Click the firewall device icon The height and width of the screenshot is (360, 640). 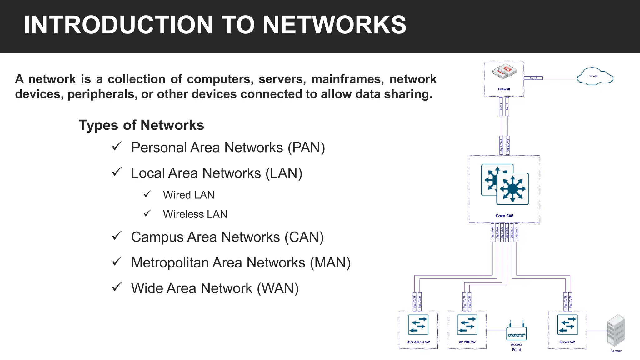[503, 72]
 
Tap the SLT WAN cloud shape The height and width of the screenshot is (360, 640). [595, 77]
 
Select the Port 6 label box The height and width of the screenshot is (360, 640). [533, 78]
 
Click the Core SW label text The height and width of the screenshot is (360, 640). [504, 216]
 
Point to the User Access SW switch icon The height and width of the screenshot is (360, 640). [418, 325]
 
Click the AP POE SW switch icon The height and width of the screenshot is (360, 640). [467, 325]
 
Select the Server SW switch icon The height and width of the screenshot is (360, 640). [567, 325]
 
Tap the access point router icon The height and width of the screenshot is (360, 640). [516, 331]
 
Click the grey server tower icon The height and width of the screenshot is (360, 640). [616, 331]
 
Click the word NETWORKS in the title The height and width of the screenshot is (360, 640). [334, 25]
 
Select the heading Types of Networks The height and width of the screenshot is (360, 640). [141, 125]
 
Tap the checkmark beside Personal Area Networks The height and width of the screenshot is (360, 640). [117, 146]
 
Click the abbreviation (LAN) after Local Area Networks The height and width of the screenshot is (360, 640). [284, 173]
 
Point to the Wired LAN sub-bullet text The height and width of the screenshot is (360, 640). [188, 195]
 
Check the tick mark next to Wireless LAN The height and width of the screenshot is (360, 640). [147, 213]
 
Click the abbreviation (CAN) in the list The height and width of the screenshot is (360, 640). [304, 237]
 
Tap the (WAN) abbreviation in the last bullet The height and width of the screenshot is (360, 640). [277, 288]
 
